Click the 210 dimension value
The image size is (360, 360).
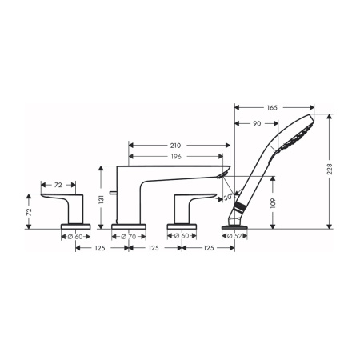point(175,146)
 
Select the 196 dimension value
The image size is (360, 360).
point(175,157)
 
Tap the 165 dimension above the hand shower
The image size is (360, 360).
point(272,107)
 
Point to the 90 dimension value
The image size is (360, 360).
point(257,123)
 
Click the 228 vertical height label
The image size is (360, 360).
point(330,169)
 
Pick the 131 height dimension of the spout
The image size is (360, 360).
point(101,199)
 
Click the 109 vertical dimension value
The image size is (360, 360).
point(273,203)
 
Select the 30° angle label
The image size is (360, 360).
point(228,198)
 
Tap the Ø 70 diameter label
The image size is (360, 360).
point(129,237)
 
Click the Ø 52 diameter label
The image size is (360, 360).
point(234,236)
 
